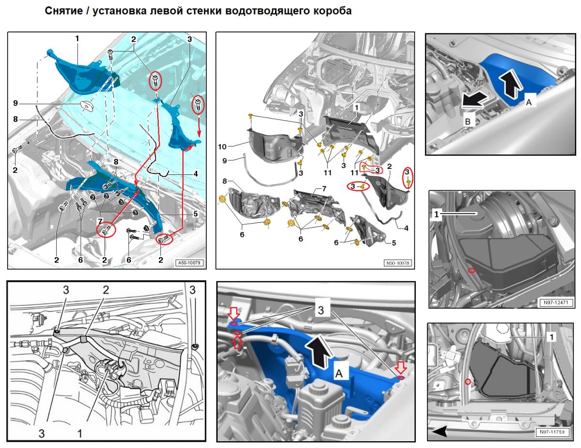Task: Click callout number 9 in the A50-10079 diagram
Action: click(15, 103)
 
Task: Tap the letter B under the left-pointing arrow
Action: click(467, 122)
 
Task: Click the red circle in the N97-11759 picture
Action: click(467, 382)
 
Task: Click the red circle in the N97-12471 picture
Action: click(471, 270)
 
